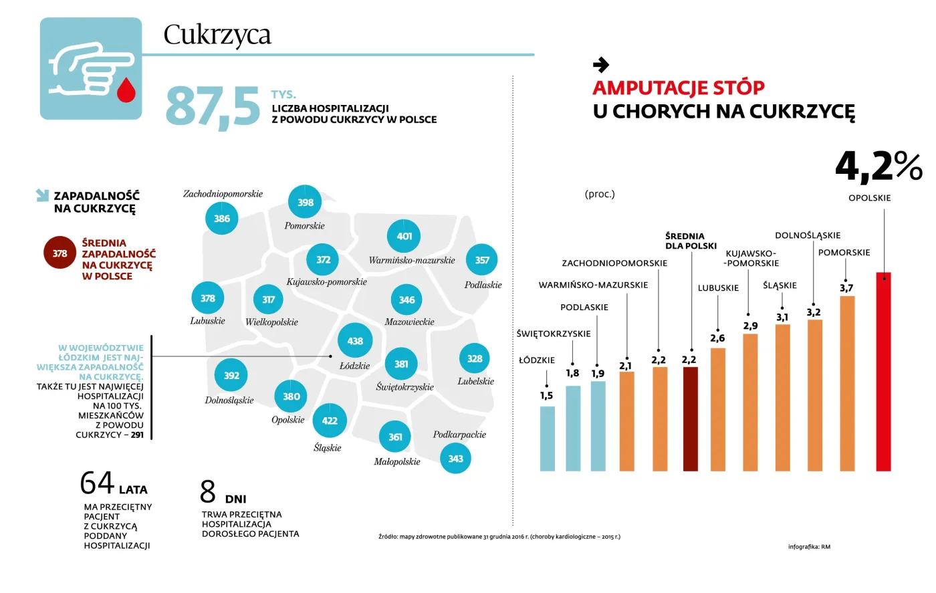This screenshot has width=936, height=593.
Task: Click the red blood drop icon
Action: tap(126, 90)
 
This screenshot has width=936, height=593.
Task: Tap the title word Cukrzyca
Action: tap(217, 35)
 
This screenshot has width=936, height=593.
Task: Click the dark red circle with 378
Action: tap(60, 253)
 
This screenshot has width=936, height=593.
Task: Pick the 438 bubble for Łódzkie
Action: tap(355, 341)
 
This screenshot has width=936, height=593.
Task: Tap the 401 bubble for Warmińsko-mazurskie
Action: tap(404, 236)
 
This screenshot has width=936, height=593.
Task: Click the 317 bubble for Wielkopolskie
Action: tap(269, 300)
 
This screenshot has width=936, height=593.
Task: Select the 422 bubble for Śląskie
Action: tap(330, 421)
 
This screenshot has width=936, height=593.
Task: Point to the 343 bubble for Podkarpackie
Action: tap(455, 459)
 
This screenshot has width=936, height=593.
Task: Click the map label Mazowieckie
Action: tap(409, 322)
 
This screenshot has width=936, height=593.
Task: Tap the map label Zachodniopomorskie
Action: tap(223, 194)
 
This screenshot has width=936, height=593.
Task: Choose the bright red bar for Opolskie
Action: tap(883, 371)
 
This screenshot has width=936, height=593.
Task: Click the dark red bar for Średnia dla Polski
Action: tap(690, 419)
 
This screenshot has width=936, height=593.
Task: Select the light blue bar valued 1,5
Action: tap(547, 438)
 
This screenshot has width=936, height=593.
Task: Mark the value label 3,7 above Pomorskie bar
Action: tap(846, 288)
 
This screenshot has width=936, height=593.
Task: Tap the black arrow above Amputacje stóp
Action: tap(601, 65)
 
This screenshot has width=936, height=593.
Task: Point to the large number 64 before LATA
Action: tap(97, 483)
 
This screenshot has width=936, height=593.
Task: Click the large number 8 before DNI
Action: tap(208, 492)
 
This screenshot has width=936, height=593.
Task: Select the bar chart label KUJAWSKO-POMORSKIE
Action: tap(751, 258)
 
